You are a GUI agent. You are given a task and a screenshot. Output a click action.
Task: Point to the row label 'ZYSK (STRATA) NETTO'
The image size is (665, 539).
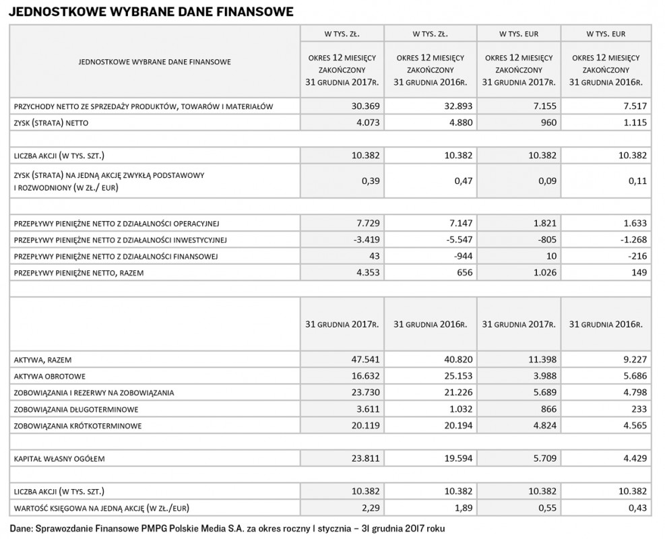[51, 123]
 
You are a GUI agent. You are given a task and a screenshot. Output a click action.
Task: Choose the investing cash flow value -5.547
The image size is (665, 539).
[454, 239]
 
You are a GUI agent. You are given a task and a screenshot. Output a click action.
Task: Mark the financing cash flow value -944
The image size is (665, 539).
[459, 256]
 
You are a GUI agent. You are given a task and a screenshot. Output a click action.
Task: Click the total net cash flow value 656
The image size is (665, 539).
[461, 273]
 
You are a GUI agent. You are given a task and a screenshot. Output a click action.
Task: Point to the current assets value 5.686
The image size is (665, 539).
[635, 375]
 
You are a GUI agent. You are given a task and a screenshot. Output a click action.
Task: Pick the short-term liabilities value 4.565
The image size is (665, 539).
[635, 425]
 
